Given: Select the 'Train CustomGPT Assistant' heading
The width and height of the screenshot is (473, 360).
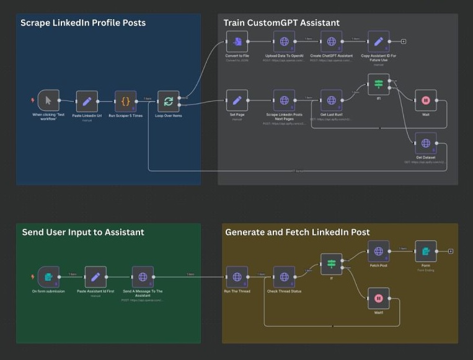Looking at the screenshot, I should [281, 23].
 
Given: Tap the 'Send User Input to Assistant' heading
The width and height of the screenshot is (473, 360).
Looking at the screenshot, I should [83, 232].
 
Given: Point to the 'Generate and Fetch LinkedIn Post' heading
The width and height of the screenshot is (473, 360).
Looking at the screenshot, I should [297, 232].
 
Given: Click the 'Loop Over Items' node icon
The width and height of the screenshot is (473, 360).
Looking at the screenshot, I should [169, 101].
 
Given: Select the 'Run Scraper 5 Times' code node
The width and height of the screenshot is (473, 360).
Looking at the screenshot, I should [125, 101].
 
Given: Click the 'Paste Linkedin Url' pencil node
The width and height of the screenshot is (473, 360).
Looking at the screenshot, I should [87, 101].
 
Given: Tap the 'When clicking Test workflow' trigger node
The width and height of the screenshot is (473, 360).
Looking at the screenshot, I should [48, 100].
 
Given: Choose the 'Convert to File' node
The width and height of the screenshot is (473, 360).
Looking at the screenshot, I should [237, 42].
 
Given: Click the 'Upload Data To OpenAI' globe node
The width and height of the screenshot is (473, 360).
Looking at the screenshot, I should [284, 42].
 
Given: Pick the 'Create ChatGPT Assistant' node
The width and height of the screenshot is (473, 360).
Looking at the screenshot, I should [331, 42].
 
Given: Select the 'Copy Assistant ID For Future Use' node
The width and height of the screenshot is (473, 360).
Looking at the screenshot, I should [379, 42].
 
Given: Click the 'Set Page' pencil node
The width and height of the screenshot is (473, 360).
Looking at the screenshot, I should [237, 100].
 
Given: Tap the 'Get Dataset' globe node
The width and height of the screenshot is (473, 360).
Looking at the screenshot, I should [425, 143].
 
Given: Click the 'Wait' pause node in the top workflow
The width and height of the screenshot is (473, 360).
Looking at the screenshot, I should [425, 100].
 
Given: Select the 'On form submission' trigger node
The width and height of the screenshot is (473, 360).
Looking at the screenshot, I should [48, 277].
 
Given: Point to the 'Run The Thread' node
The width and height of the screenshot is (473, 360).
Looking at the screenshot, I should [237, 277].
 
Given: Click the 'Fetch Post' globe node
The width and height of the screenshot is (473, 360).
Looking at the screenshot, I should [378, 252].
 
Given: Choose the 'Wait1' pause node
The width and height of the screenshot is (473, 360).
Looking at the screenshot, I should [378, 299].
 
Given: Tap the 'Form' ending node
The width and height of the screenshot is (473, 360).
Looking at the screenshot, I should [425, 252].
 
